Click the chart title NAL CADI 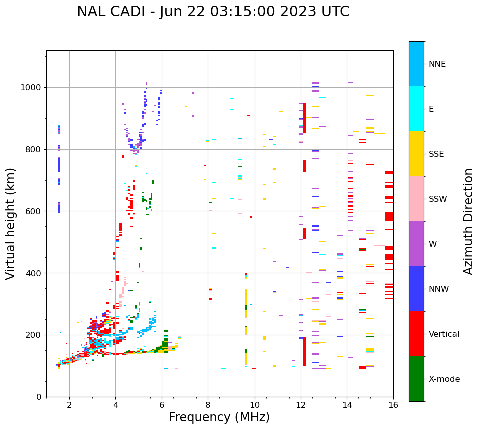[x=213, y=12]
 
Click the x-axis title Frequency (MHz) [x=219, y=417]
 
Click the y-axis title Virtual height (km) [x=11, y=224]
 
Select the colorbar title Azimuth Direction [x=468, y=221]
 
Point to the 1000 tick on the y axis [x=31, y=88]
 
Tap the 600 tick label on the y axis [x=33, y=211]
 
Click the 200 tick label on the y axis [x=33, y=335]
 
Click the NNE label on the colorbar [x=437, y=64]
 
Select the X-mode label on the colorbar [x=444, y=379]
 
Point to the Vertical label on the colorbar [x=444, y=334]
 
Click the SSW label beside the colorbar [x=438, y=199]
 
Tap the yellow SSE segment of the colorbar [x=416, y=154]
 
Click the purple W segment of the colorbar [x=416, y=244]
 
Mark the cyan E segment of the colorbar [x=416, y=109]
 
